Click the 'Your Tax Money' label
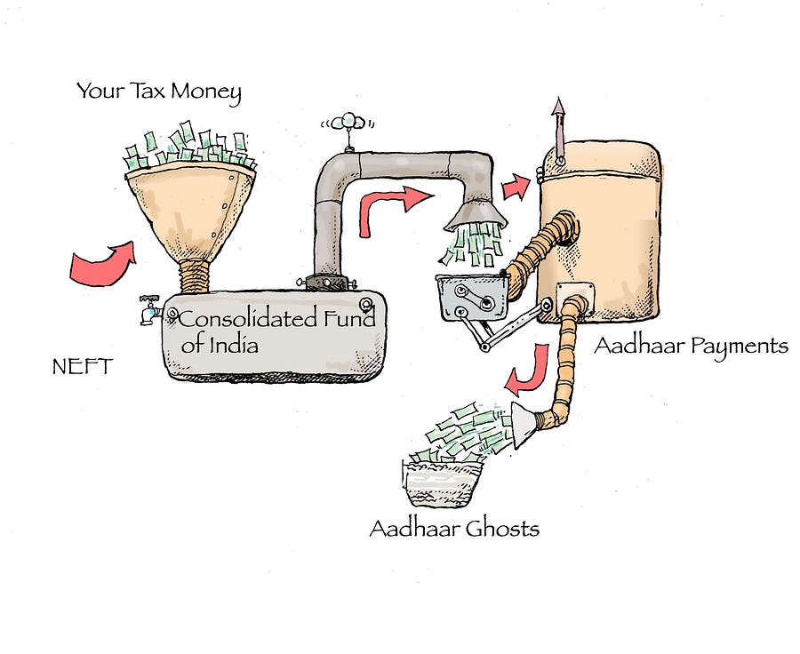pyautogui.click(x=159, y=92)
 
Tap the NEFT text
pyautogui.click(x=82, y=366)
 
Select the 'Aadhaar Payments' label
pyautogui.click(x=692, y=346)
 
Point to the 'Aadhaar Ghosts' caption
pyautogui.click(x=454, y=529)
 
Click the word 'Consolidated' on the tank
pyautogui.click(x=249, y=319)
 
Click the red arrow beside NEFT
pyautogui.click(x=102, y=263)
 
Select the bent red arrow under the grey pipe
pyautogui.click(x=393, y=208)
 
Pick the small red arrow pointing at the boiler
pyautogui.click(x=516, y=187)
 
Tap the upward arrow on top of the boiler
pyautogui.click(x=559, y=129)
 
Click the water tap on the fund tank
pyautogui.click(x=150, y=309)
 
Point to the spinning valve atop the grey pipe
pyautogui.click(x=348, y=125)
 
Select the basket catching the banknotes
pyautogui.click(x=442, y=483)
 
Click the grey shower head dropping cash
pyautogui.click(x=476, y=215)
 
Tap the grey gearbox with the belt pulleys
pyautogui.click(x=473, y=298)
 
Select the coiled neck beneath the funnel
pyautogui.click(x=195, y=276)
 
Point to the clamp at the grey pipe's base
pyautogui.click(x=326, y=282)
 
